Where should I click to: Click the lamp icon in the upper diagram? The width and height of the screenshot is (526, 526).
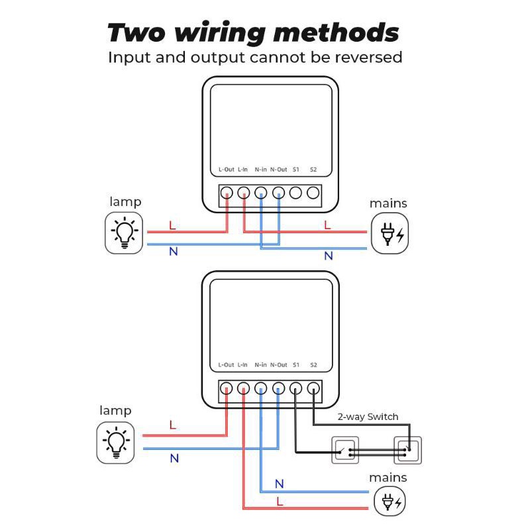[x=124, y=233]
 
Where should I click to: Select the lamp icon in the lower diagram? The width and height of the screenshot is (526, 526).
[x=115, y=442]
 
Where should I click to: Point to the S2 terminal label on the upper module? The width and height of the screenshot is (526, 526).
[x=313, y=170]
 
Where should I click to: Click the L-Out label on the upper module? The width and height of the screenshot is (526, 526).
[x=227, y=170]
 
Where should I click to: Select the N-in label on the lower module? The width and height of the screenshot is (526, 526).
[x=260, y=365]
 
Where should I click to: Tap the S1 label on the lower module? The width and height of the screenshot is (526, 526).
[x=295, y=365]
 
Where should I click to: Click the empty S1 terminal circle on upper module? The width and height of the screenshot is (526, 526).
[x=295, y=193]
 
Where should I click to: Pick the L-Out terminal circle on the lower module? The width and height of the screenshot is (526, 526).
[x=227, y=389]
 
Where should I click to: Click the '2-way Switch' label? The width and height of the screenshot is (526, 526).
[x=368, y=417]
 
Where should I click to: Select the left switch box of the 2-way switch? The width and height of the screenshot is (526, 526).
[x=344, y=450]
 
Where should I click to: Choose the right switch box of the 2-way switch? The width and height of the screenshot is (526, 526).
[x=407, y=450]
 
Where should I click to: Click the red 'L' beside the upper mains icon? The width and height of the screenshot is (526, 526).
[x=327, y=225]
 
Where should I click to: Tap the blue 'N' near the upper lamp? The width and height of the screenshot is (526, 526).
[x=174, y=252]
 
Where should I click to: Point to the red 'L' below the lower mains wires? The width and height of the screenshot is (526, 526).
[x=280, y=501]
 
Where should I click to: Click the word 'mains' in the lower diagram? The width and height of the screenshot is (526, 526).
[x=388, y=478]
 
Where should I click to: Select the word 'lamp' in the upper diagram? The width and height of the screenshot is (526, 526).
[x=125, y=201]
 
